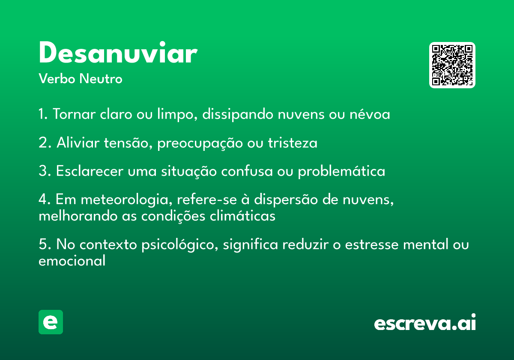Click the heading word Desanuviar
[118, 52]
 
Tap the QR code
[452, 65]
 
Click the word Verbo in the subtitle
[57, 79]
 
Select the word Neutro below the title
[101, 79]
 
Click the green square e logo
[51, 322]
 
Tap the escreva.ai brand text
[425, 322]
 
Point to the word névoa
[370, 114]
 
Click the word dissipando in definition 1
[238, 114]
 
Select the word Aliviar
[78, 142]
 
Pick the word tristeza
[293, 143]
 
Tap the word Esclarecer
[90, 171]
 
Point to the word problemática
[341, 171]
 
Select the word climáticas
[242, 216]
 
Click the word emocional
[72, 261]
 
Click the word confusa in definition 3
[247, 171]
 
